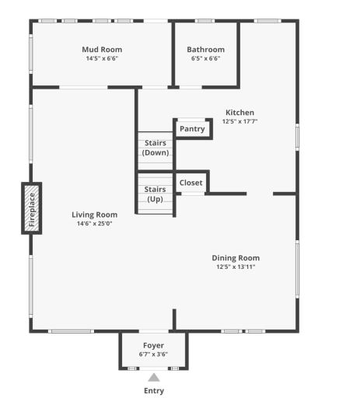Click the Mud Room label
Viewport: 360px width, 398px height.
tap(102, 50)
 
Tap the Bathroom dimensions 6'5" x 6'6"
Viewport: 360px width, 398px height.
tap(205, 58)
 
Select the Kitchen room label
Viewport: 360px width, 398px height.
tap(239, 113)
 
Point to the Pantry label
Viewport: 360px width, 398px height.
tap(192, 129)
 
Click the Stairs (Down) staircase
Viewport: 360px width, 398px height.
tap(156, 151)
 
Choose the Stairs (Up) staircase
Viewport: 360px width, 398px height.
tap(155, 194)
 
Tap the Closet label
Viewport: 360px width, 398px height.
tap(191, 183)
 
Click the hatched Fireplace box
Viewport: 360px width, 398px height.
tap(31, 208)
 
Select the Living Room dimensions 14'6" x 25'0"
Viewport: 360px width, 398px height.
tap(95, 223)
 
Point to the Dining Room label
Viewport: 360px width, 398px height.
tap(236, 258)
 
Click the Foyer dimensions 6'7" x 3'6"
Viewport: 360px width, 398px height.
tap(153, 354)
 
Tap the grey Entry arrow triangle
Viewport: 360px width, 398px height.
tap(154, 378)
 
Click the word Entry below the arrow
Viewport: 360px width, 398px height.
tap(154, 391)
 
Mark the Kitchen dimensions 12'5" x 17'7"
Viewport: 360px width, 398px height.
tap(239, 121)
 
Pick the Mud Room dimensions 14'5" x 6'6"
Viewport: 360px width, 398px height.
tap(102, 58)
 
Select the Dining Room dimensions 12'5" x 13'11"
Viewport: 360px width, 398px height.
tap(236, 267)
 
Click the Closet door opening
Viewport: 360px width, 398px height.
tap(193, 194)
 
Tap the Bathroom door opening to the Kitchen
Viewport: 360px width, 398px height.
tap(190, 87)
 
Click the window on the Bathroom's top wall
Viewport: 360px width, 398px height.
tap(204, 21)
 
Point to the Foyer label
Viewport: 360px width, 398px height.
tap(153, 345)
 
